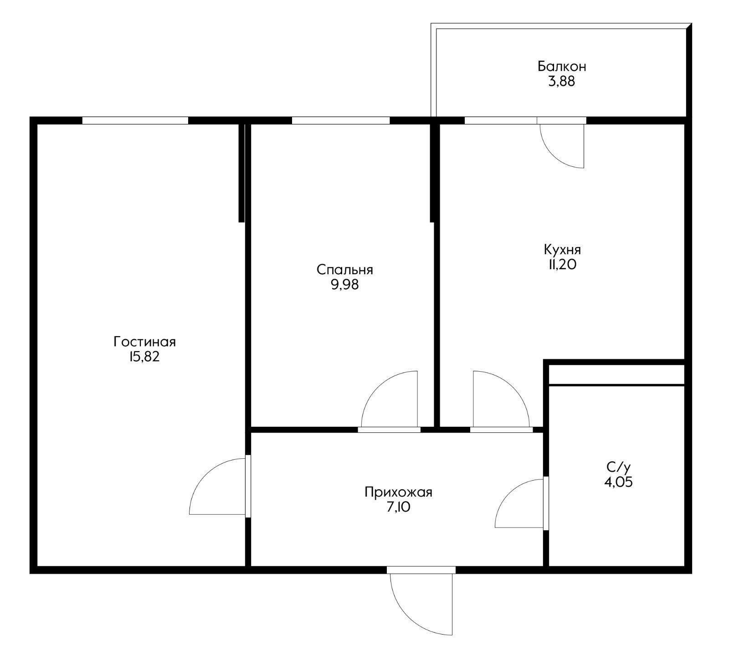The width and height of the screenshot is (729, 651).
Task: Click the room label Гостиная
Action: point(145,341)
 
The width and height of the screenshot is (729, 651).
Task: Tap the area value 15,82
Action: point(144,357)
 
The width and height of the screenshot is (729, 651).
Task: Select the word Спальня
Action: point(345,270)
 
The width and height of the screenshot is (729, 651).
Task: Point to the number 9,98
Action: point(345,285)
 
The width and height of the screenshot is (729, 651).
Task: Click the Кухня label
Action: point(562,250)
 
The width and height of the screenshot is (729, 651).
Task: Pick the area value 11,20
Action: point(563,265)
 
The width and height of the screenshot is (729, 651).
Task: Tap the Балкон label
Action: point(562,67)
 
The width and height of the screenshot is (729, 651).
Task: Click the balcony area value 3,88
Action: point(562,82)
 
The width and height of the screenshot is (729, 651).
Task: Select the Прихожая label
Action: point(398,492)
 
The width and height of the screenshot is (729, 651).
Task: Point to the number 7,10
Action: point(398,507)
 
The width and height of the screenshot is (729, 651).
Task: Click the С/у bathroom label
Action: point(618,467)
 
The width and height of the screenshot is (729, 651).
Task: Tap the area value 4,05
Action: point(618,482)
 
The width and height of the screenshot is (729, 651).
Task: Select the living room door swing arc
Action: point(206,475)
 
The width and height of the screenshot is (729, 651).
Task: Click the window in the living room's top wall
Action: point(135,120)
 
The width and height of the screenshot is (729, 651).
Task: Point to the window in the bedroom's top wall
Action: point(341,120)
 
